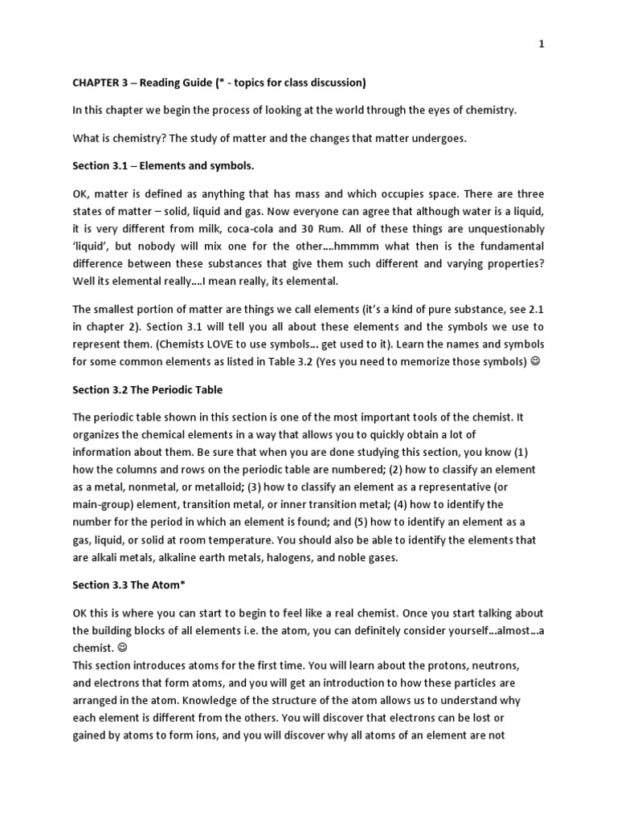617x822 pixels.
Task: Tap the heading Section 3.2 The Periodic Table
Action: click(x=148, y=390)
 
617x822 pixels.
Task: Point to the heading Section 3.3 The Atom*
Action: click(x=126, y=584)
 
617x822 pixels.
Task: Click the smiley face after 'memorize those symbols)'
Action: click(x=536, y=362)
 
